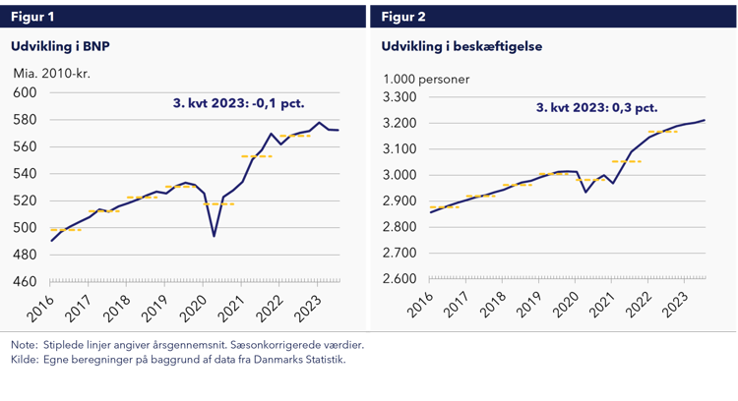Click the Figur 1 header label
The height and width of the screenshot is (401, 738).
pyautogui.click(x=33, y=16)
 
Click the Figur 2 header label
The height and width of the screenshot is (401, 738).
pyautogui.click(x=404, y=16)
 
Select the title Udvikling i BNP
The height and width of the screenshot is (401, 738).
pyautogui.click(x=58, y=46)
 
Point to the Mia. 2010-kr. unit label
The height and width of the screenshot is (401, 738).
pyautogui.click(x=51, y=73)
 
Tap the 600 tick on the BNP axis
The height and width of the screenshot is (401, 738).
pyautogui.click(x=24, y=93)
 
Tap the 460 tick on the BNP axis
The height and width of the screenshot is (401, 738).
pyautogui.click(x=24, y=282)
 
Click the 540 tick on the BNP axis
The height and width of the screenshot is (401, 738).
pyautogui.click(x=24, y=174)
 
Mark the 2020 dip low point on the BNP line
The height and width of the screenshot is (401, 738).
pyautogui.click(x=215, y=236)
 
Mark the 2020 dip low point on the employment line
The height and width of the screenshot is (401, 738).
pyautogui.click(x=586, y=191)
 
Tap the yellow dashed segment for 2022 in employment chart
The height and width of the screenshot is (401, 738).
pyautogui.click(x=662, y=132)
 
